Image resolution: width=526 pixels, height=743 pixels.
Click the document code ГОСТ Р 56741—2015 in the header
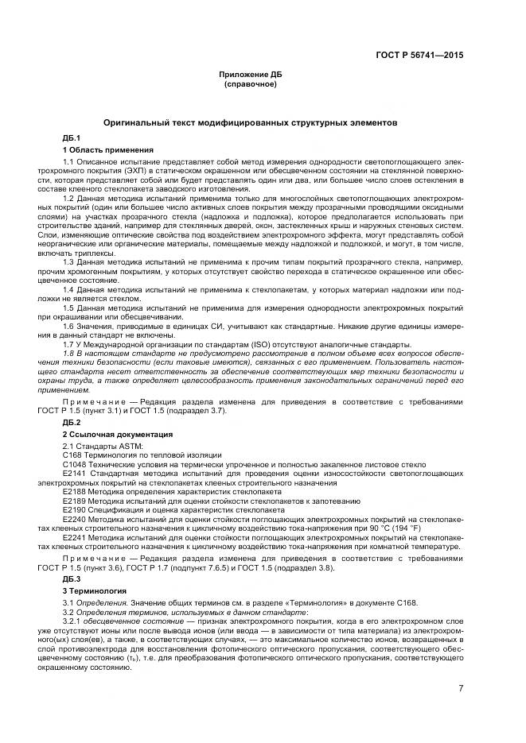pos(419,55)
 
